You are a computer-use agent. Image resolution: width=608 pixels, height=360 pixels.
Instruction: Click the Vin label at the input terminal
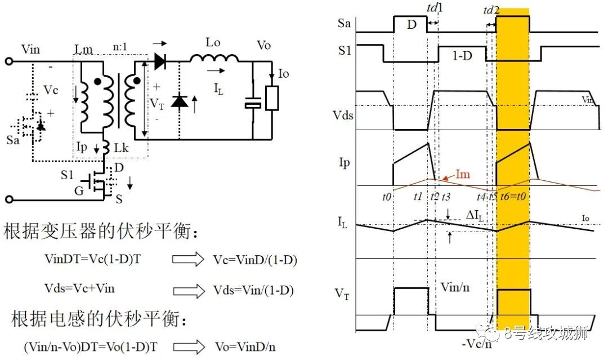point(30,49)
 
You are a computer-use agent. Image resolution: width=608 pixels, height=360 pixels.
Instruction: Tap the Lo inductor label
point(213,42)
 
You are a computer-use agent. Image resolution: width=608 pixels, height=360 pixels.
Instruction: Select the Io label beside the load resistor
point(283,73)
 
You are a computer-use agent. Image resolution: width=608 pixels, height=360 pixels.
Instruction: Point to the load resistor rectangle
point(272,99)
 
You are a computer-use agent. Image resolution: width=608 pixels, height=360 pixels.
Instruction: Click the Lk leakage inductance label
point(121,148)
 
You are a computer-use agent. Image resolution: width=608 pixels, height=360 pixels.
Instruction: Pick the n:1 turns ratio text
point(120,47)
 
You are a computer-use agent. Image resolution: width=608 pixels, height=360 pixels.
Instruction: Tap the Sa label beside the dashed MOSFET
point(13,140)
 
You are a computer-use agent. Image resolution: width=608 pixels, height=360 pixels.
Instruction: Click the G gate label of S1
point(79,190)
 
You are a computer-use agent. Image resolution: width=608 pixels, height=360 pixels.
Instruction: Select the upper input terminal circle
point(9,61)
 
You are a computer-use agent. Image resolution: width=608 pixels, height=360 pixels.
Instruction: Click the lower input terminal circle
point(9,199)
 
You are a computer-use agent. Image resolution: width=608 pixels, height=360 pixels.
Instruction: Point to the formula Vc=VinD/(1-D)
point(255,260)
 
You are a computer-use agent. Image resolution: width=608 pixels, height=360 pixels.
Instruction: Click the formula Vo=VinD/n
point(245,346)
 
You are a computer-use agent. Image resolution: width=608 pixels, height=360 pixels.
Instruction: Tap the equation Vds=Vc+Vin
point(79,288)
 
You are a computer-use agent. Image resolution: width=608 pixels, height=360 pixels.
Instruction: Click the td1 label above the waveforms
point(435,8)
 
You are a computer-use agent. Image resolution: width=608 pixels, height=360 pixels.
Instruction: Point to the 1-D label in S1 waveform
point(462,56)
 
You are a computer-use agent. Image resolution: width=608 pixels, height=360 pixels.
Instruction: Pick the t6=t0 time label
point(513,196)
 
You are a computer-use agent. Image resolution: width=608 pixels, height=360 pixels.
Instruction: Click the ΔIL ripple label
point(475,215)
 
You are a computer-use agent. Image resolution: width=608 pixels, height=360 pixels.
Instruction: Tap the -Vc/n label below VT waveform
point(477,344)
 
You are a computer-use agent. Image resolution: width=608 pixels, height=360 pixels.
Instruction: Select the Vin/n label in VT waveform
point(455,287)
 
